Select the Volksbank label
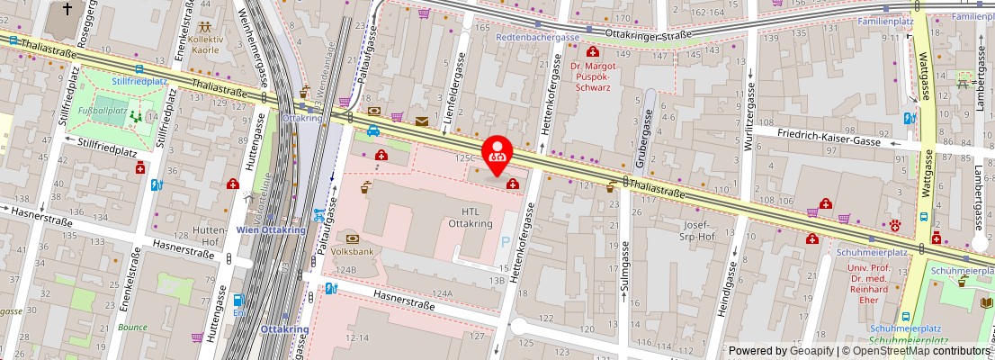click(x=351, y=253)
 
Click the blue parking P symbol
click(x=505, y=242)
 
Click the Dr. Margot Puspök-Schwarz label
click(x=591, y=76)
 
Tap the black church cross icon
click(x=68, y=10)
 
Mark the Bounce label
click(x=132, y=327)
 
